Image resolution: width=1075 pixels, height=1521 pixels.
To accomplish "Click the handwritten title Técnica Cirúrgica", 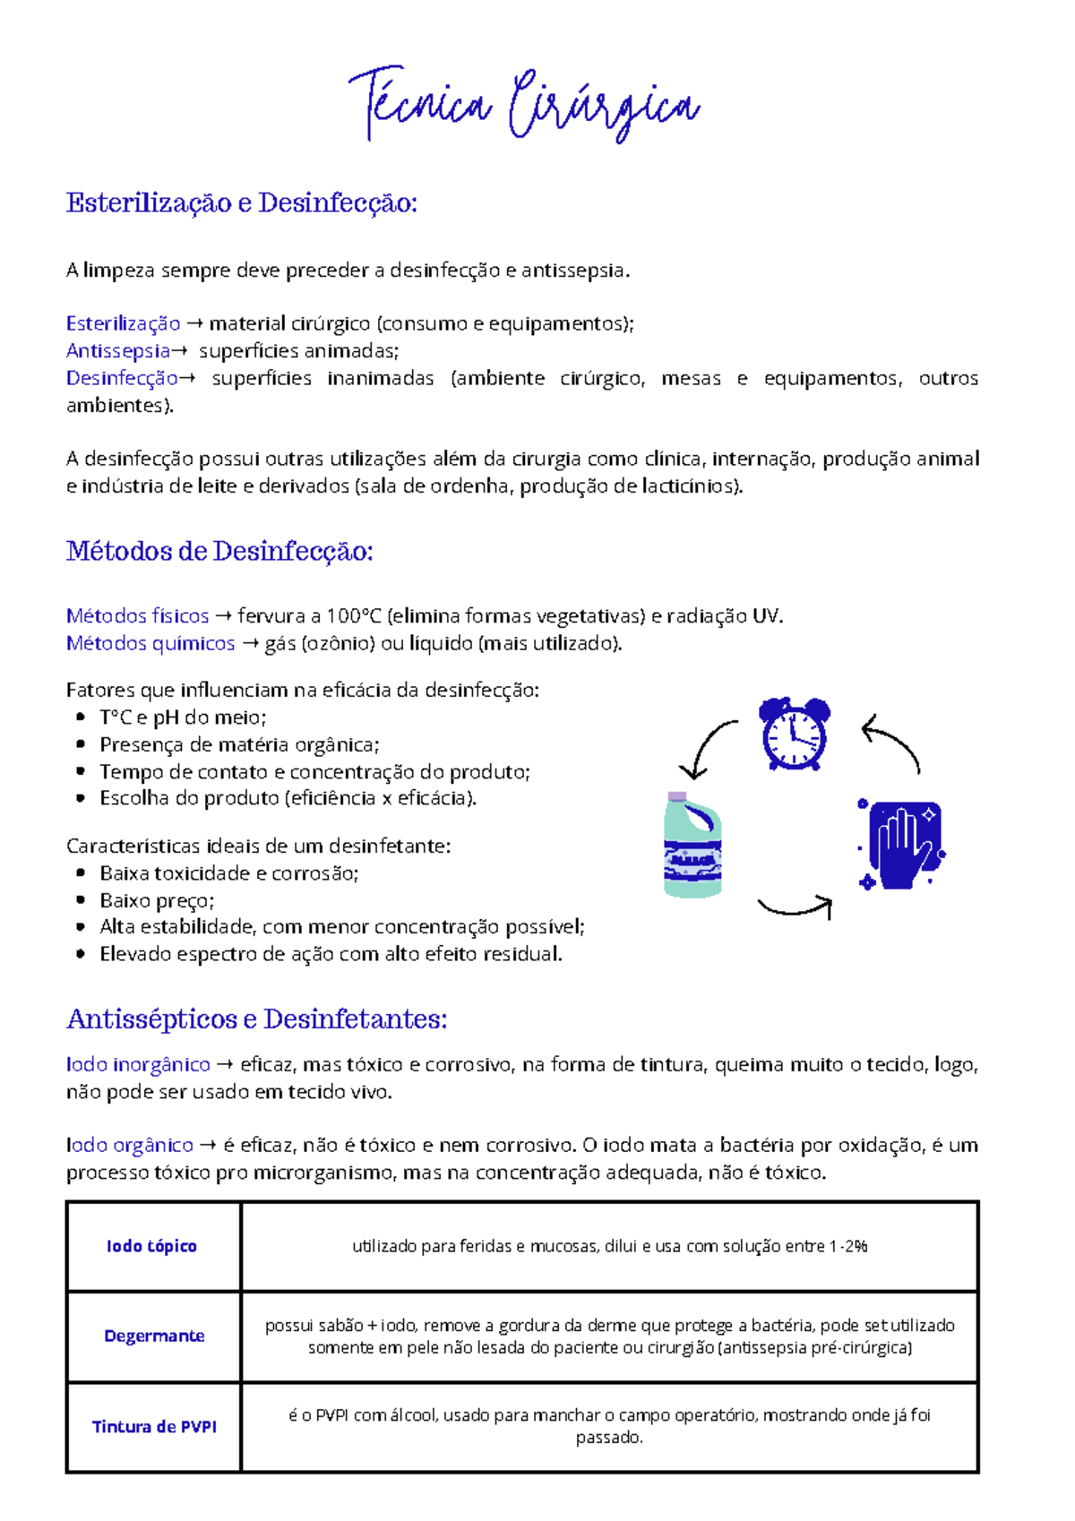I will [x=523, y=106].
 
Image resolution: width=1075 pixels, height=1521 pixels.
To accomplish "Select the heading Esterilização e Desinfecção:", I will [x=242, y=203].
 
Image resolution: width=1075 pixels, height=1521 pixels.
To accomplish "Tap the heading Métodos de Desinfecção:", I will [x=219, y=551].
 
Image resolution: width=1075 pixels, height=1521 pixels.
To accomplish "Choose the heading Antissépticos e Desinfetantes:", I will [x=256, y=1018].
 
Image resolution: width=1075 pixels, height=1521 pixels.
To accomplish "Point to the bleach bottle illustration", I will [x=692, y=845].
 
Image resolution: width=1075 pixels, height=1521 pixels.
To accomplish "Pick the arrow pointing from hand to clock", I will [x=893, y=743].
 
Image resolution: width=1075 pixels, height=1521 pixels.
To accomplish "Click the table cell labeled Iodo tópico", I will [x=152, y=1246].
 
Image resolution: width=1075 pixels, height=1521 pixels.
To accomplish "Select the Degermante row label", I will [x=154, y=1336].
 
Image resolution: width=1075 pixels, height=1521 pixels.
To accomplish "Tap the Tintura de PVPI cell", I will [x=154, y=1427].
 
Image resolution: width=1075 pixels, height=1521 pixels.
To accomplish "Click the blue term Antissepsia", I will [x=118, y=350].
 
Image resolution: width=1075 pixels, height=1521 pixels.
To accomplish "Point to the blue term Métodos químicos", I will [x=150, y=643].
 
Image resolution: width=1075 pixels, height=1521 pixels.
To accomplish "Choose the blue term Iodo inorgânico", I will [x=138, y=1064].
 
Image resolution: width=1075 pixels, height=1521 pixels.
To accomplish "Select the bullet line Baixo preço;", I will [x=157, y=900].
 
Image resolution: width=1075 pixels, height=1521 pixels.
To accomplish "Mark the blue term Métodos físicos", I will [x=137, y=616].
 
